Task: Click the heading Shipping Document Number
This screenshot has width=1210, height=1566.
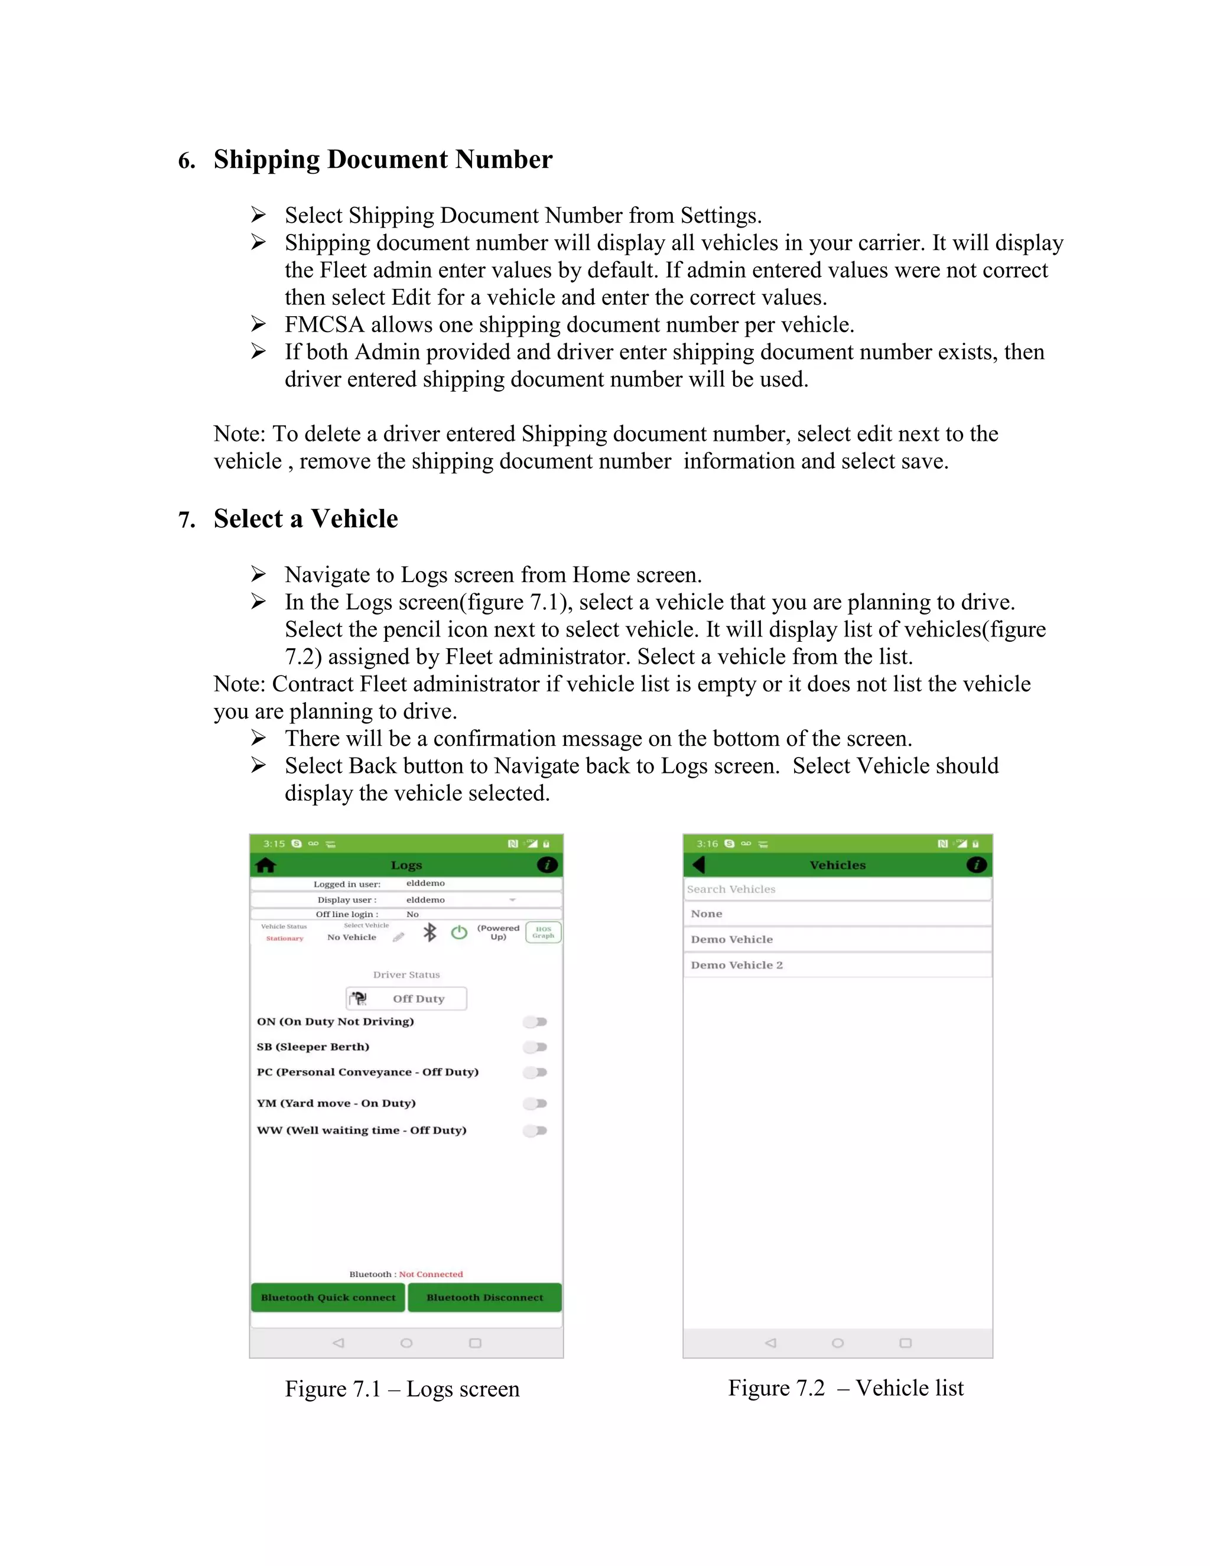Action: click(383, 159)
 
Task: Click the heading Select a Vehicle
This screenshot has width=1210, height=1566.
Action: click(305, 518)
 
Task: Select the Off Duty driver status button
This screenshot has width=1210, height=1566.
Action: click(406, 998)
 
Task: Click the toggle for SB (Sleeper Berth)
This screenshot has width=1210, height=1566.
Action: click(535, 1047)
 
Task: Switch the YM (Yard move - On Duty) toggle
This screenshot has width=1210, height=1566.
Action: click(535, 1103)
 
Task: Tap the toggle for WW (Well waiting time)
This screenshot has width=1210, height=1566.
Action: click(535, 1130)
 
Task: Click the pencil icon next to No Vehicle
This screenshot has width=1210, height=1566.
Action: click(399, 937)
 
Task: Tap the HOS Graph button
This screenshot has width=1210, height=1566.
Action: click(544, 932)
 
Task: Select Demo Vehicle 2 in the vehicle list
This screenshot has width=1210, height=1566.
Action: click(737, 965)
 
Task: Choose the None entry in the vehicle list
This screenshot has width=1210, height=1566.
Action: click(707, 914)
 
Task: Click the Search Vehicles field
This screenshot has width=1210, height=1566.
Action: click(837, 889)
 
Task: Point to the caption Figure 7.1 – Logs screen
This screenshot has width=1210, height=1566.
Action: click(402, 1389)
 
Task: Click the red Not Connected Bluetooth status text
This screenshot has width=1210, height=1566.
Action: click(431, 1274)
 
